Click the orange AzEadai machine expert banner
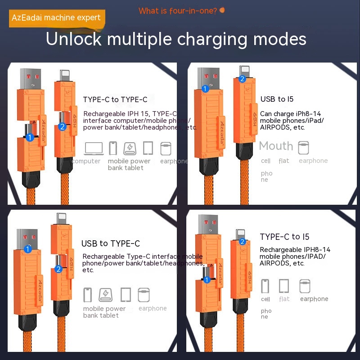click(56, 18)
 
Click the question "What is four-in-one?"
click(178, 11)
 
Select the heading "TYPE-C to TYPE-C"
click(115, 100)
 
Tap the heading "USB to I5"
click(277, 99)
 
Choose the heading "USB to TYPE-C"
click(111, 243)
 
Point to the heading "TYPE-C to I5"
click(284, 237)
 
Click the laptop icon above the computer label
click(94, 148)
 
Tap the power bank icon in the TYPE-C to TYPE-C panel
click(130, 148)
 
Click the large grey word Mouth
click(276, 146)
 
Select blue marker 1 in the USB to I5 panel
click(206, 89)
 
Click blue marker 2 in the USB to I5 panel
click(242, 79)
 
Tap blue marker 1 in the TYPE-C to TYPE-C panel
click(30, 137)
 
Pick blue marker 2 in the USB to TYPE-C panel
click(58, 269)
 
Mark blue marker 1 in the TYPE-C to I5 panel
click(207, 279)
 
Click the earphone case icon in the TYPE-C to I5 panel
click(305, 286)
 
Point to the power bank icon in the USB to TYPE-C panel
click(106, 295)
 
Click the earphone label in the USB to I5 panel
click(313, 161)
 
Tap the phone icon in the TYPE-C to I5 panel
click(265, 286)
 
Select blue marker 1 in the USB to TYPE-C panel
click(28, 249)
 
